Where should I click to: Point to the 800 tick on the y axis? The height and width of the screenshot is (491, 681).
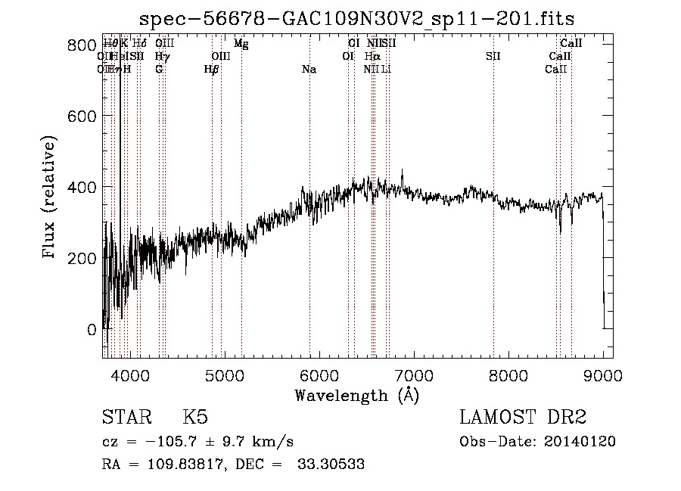(78, 45)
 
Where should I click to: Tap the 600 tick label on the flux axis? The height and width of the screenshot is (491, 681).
(78, 116)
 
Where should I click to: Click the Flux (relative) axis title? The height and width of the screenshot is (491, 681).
(51, 198)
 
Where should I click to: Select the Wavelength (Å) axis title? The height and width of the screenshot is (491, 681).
(357, 395)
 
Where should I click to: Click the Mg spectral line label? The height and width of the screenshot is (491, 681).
(241, 44)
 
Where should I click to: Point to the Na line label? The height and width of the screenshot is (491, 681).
(309, 70)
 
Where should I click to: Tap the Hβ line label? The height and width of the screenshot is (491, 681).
(212, 70)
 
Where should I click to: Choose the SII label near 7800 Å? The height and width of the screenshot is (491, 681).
(493, 57)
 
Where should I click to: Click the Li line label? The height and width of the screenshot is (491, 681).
(386, 70)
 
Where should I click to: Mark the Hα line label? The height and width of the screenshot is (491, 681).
(372, 57)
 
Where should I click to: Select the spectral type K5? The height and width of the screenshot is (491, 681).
(196, 417)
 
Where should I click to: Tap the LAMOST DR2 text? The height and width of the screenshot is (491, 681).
(522, 417)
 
